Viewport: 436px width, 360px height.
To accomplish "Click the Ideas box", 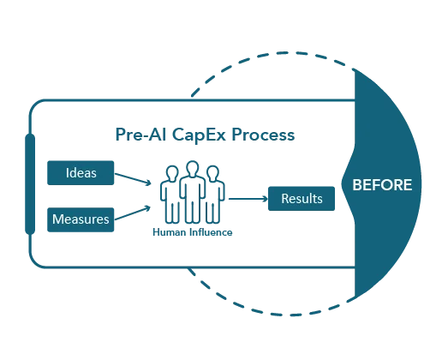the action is (x=81, y=173).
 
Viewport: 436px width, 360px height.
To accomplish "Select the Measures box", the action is (x=81, y=219).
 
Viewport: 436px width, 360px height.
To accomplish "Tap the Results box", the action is (x=302, y=199).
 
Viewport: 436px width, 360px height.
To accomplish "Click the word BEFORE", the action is (x=382, y=185).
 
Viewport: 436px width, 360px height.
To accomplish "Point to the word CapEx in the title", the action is (x=199, y=135).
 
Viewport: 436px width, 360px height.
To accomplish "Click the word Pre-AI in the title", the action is (x=140, y=135).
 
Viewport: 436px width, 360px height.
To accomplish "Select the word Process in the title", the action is (x=263, y=135).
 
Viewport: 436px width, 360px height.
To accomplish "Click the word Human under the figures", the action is (x=169, y=232).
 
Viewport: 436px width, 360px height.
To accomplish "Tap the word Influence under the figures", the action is (x=211, y=232).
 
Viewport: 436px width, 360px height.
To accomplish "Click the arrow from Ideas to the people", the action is (x=133, y=179).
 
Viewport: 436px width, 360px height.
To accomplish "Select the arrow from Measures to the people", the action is (x=133, y=213).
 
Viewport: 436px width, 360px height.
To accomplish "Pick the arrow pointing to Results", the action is (x=248, y=199).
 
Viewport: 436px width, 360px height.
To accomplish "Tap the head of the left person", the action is (x=172, y=173).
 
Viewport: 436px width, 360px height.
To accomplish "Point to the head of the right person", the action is (x=212, y=173).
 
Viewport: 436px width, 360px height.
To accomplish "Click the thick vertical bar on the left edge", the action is (x=30, y=183).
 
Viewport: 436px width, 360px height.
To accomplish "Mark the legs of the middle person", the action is (x=193, y=210).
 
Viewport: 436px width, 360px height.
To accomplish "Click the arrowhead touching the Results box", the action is (x=266, y=199).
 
